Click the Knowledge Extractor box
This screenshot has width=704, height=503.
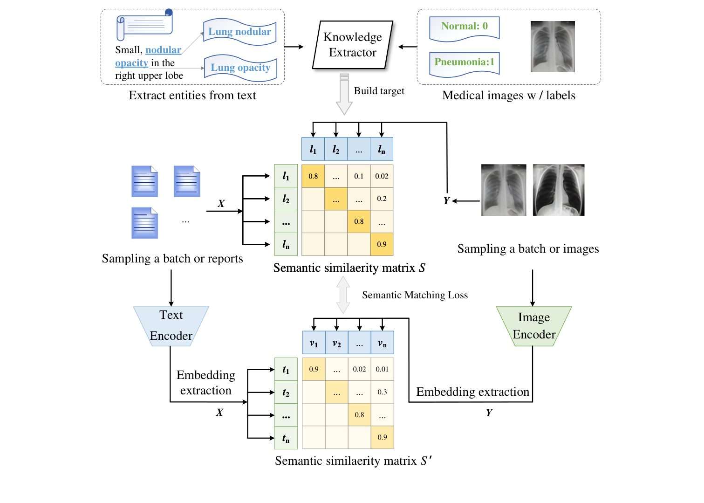point(352,45)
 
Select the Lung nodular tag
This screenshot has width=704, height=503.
point(239,32)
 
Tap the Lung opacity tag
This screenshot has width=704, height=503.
point(240,68)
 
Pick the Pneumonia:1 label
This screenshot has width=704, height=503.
point(464,62)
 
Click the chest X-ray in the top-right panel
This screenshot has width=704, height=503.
point(553,47)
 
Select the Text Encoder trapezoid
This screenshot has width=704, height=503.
point(171,325)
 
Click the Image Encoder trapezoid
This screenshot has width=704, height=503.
point(534,326)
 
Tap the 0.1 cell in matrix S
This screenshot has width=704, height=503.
point(359,176)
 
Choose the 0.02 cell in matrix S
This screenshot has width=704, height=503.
point(382,176)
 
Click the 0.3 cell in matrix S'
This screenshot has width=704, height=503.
point(382,392)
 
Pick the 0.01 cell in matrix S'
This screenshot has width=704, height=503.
point(382,369)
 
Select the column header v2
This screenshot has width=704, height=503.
point(336,344)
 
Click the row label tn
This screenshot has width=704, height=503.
point(286,438)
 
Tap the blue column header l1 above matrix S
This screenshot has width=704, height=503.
point(313,149)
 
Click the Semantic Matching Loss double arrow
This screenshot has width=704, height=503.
point(343,295)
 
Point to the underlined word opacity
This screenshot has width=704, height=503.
point(131,63)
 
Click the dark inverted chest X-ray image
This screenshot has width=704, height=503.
point(558,190)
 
